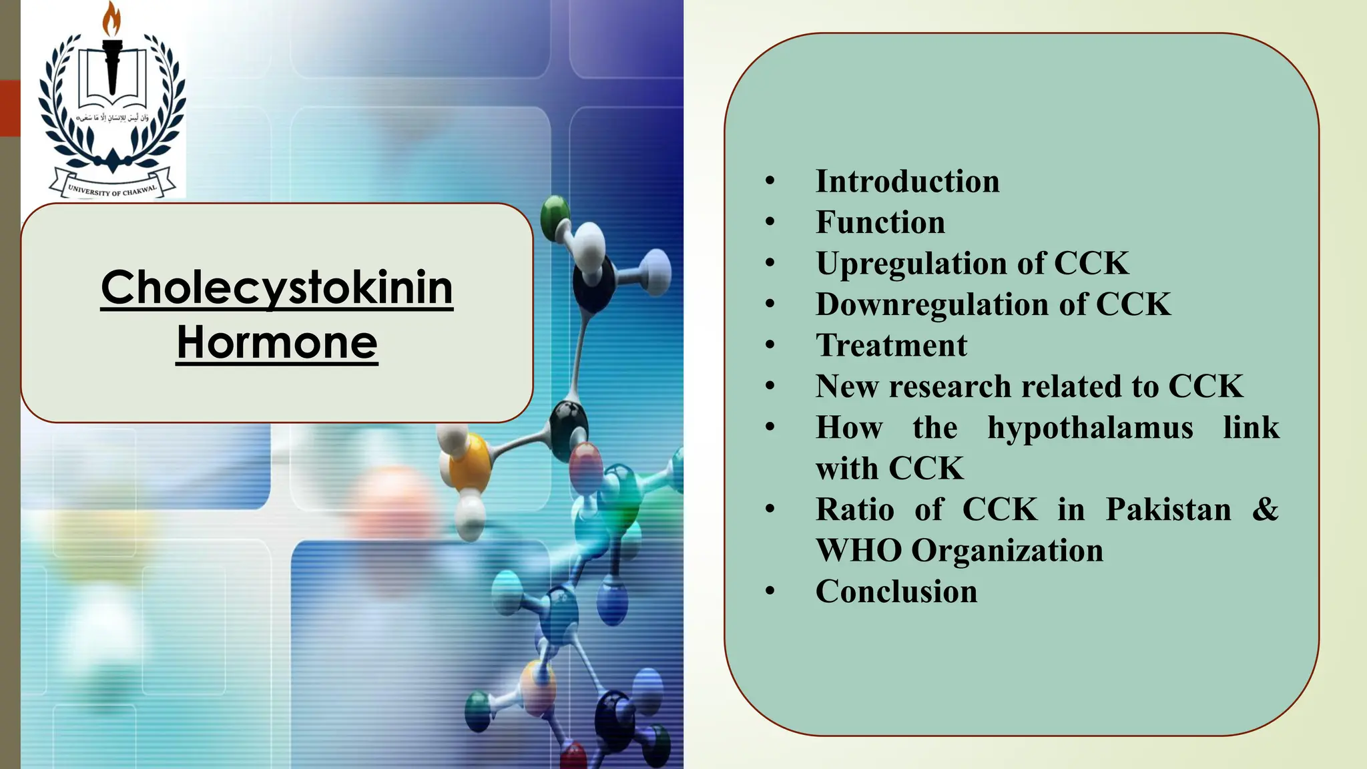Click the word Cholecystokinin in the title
(x=277, y=288)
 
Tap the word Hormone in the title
(x=277, y=342)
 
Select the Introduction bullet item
(x=907, y=182)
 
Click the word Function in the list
(x=880, y=222)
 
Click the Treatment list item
(x=891, y=346)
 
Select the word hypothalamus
(x=1090, y=428)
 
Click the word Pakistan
(x=1168, y=510)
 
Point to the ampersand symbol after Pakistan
(x=1265, y=509)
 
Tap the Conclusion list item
(x=896, y=591)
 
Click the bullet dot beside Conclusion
(x=770, y=591)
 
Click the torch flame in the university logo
(x=111, y=18)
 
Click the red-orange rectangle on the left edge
(x=10, y=108)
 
